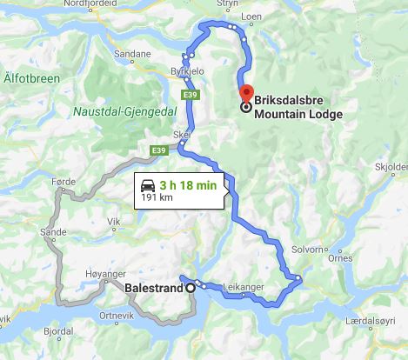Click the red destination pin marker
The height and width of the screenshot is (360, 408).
(x=245, y=93)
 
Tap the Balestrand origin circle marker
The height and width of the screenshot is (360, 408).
(x=191, y=288)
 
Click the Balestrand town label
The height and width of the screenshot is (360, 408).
(x=154, y=288)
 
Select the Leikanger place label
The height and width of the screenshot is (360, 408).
(x=242, y=284)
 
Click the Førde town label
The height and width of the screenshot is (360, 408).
(x=64, y=182)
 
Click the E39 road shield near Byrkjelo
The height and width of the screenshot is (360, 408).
(x=189, y=93)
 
